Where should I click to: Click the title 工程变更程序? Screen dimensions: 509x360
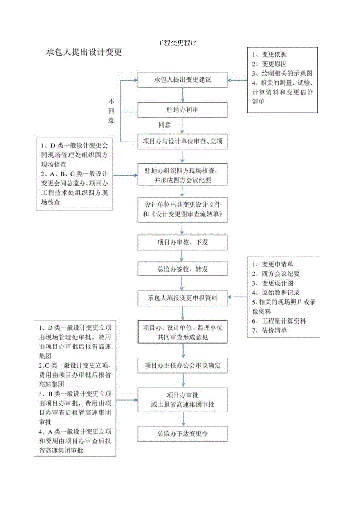point(177,43)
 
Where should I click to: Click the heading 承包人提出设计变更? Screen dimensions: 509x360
point(84,52)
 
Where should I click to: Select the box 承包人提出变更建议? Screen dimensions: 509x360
point(182,80)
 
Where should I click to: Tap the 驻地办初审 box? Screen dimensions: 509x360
point(182,110)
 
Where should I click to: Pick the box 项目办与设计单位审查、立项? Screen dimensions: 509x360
point(182,142)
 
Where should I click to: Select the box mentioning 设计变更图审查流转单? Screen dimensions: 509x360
point(182,210)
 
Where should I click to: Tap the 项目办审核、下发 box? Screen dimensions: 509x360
point(182,242)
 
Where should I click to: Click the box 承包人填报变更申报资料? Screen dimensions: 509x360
point(182,298)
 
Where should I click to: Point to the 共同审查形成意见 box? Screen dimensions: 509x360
point(182,332)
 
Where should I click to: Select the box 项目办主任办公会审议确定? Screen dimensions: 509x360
point(182,366)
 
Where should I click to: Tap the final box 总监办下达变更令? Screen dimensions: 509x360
point(182,433)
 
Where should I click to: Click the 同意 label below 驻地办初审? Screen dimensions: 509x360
point(165,125)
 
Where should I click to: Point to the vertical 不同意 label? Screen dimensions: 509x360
point(112,111)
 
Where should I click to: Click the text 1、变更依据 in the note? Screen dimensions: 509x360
point(272,55)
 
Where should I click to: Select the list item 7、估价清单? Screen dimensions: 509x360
point(270,330)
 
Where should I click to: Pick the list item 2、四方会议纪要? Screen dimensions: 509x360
point(276,274)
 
